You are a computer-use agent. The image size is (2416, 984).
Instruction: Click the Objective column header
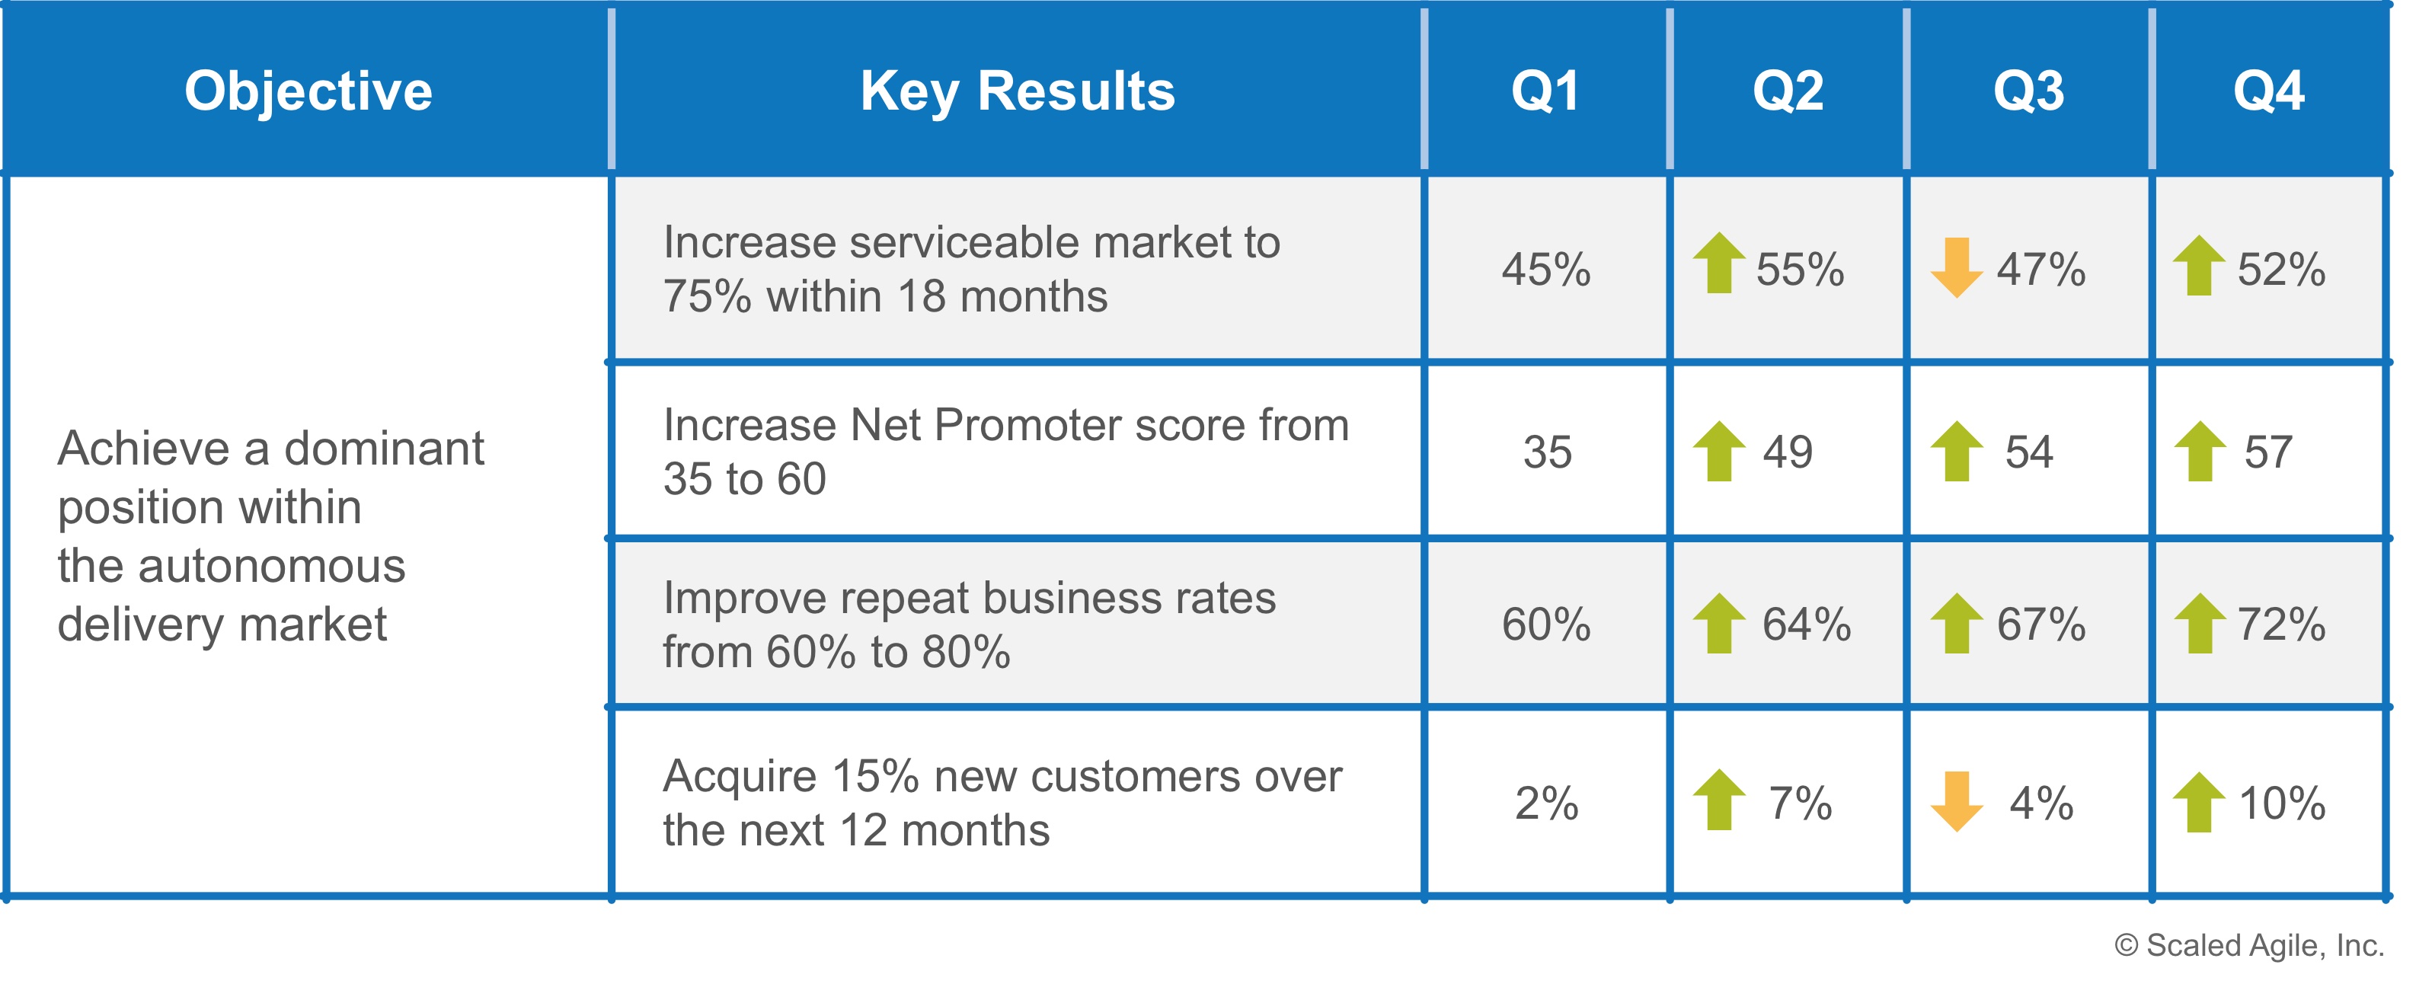point(308,91)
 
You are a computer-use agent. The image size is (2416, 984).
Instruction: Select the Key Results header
point(1018,91)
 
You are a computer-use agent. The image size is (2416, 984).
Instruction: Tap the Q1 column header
point(1545,91)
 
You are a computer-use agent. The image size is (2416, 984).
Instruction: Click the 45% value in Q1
point(1545,269)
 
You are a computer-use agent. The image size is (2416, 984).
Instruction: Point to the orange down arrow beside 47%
point(1957,267)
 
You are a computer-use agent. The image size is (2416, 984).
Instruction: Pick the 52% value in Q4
point(2281,269)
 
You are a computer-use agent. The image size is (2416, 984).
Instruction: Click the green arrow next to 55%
point(1719,263)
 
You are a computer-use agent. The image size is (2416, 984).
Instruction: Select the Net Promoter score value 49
point(1788,452)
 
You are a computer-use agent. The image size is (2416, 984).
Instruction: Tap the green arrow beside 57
point(2200,451)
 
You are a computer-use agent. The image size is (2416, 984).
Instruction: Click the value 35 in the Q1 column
point(1547,452)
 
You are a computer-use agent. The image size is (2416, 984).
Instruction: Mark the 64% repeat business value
point(1807,625)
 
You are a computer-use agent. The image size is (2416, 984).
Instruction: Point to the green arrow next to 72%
point(2200,623)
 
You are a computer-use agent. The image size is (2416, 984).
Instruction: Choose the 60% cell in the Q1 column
point(1545,625)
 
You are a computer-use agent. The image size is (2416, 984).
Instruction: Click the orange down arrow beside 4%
point(1957,801)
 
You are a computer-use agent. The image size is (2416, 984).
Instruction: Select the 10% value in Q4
point(2282,804)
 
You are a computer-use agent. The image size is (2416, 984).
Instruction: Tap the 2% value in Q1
point(1547,804)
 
